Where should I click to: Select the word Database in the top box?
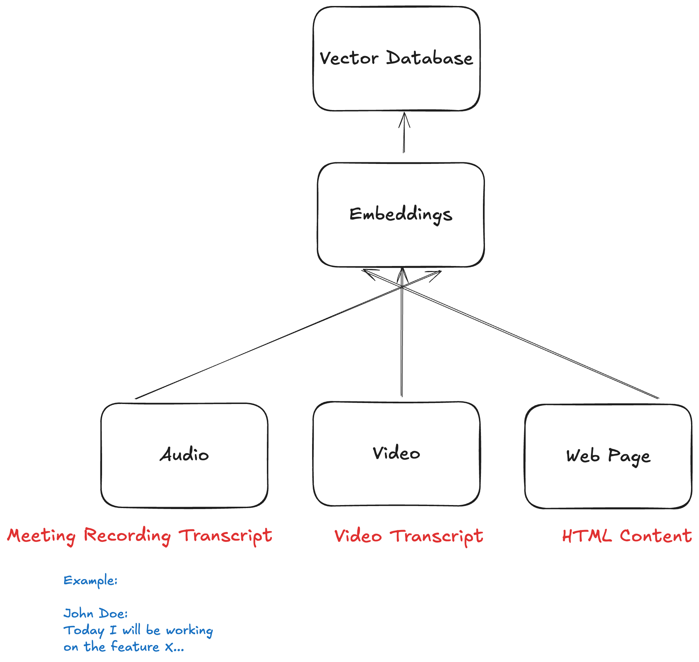429,58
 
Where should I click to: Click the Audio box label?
184,455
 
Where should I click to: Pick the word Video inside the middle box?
396,453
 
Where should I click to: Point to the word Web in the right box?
583,456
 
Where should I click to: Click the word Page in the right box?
629,457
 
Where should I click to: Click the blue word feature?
135,647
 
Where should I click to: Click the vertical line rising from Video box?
402,346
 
